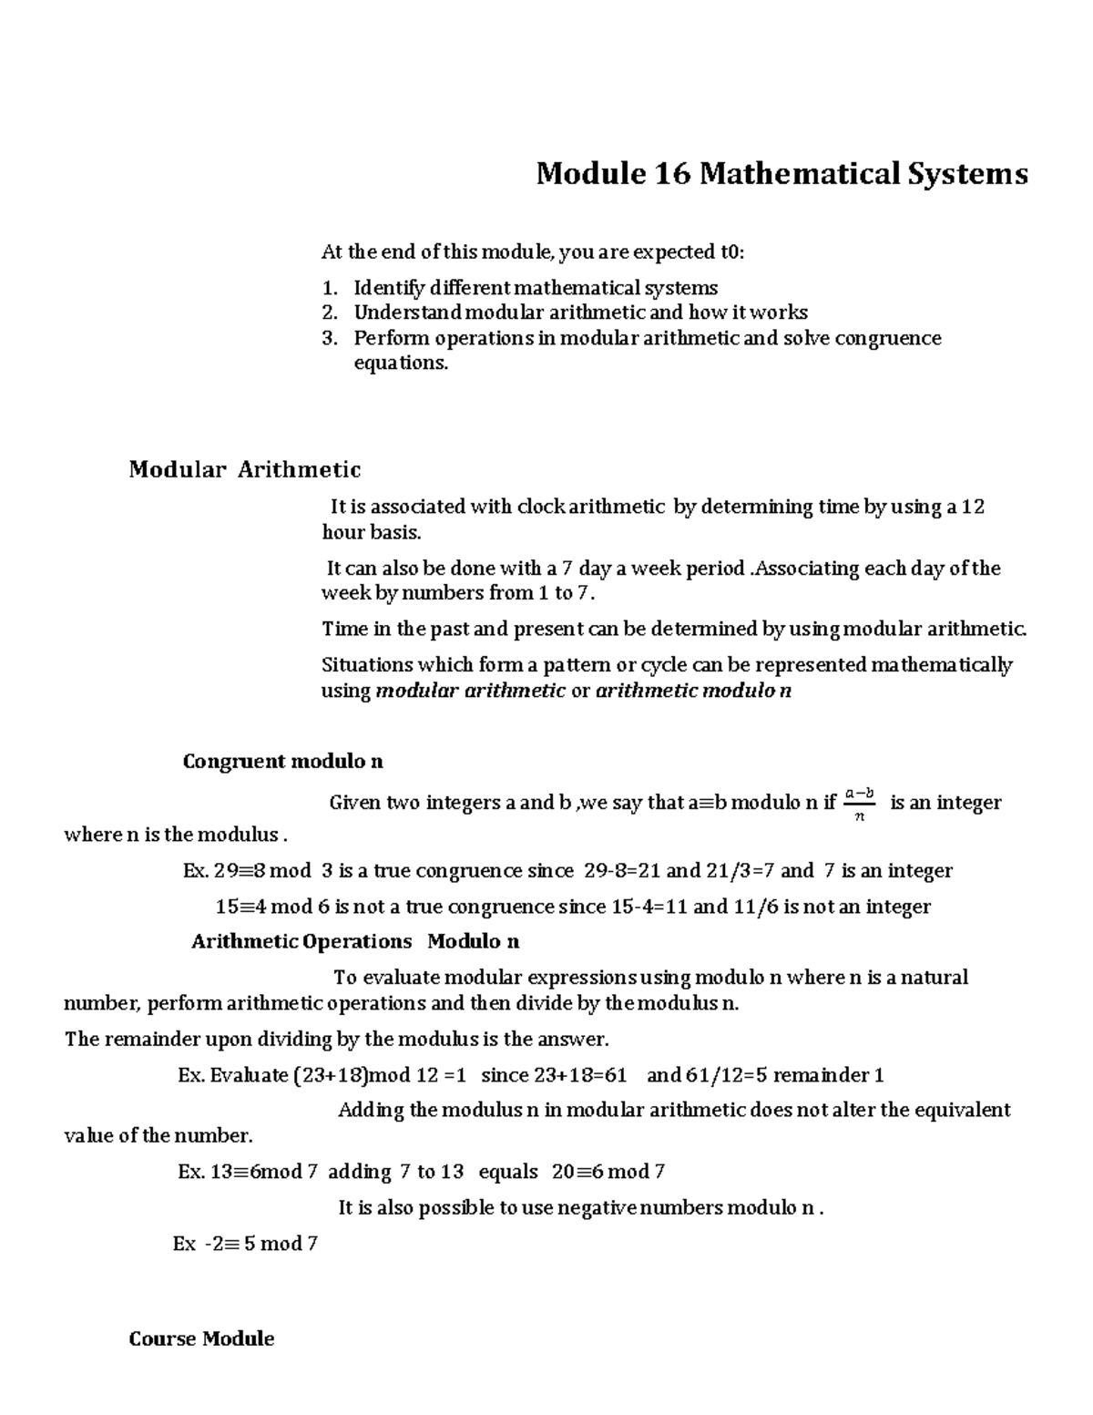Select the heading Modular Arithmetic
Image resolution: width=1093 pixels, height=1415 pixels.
[244, 469]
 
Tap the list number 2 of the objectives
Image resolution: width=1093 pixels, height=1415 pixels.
[330, 313]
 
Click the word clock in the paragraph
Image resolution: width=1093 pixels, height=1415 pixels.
[541, 507]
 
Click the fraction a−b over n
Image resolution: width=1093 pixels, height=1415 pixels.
[859, 803]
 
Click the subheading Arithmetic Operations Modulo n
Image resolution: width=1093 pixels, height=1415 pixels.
[355, 941]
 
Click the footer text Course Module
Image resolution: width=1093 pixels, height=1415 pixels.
[201, 1338]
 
